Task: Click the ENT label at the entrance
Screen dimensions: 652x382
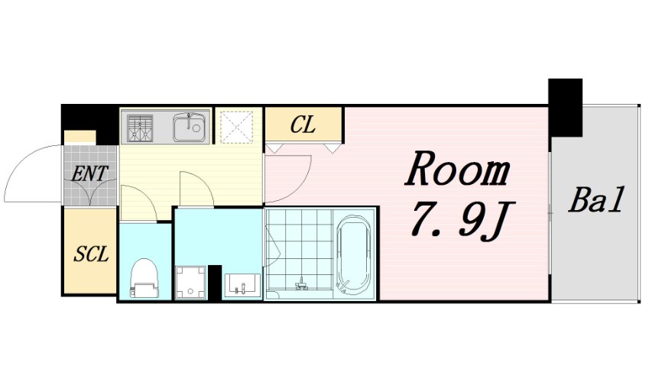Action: (x=89, y=173)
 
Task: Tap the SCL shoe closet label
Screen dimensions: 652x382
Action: (x=91, y=254)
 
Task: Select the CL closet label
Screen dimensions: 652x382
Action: (x=303, y=125)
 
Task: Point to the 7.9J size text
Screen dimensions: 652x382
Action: (x=462, y=222)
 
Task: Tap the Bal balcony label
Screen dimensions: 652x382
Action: (x=597, y=200)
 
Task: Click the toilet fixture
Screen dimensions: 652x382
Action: (x=144, y=277)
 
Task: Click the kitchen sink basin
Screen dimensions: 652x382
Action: (x=190, y=125)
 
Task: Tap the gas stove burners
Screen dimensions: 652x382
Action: (x=140, y=127)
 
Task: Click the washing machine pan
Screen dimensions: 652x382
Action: (x=191, y=282)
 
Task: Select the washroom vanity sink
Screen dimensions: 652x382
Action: (x=242, y=285)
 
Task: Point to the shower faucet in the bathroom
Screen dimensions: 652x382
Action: (x=302, y=284)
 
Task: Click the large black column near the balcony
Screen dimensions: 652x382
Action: (x=565, y=107)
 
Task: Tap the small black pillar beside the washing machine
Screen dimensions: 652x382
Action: (x=215, y=282)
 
